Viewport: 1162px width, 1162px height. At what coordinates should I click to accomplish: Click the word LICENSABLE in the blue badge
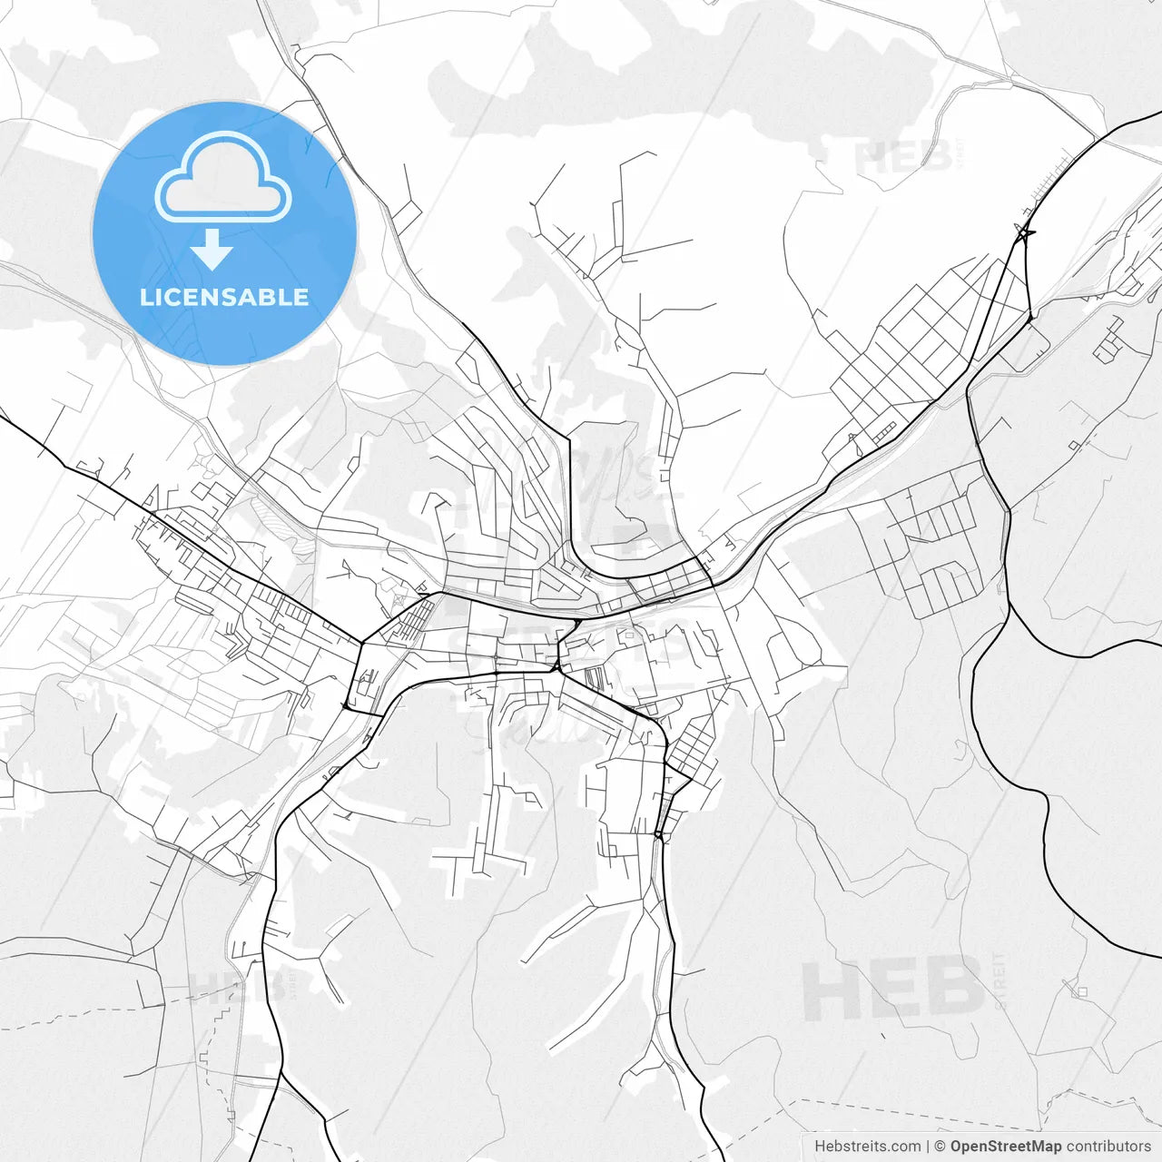[224, 297]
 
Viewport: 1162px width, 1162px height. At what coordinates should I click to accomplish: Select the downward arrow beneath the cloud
[212, 251]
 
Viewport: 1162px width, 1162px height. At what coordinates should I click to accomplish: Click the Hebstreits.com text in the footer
[867, 1147]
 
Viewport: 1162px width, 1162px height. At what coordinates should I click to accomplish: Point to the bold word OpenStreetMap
[1005, 1147]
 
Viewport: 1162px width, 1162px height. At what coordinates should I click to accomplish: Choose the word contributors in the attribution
[1108, 1147]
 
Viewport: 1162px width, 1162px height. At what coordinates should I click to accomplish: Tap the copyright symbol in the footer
[940, 1147]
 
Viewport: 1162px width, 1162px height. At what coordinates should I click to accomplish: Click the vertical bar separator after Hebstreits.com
[928, 1147]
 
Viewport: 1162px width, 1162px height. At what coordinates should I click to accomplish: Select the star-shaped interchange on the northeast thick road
[1024, 234]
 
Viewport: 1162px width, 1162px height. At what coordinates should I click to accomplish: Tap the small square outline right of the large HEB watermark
[1080, 990]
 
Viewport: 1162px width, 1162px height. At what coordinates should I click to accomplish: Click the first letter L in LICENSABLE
[145, 297]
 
